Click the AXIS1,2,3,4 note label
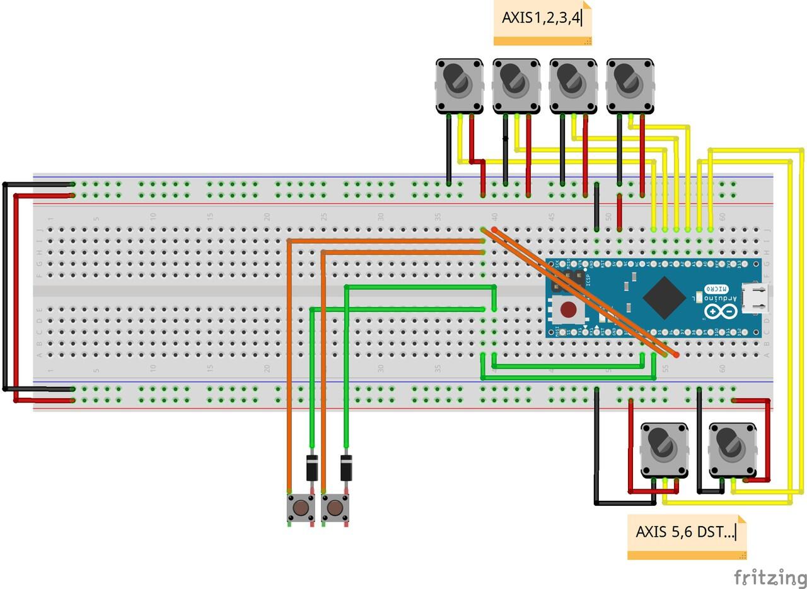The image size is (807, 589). [x=541, y=18]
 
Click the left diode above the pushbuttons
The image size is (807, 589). [x=311, y=467]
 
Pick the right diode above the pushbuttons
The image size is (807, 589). [x=345, y=467]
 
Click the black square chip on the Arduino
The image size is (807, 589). [x=664, y=297]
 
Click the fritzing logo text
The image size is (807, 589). [x=770, y=576]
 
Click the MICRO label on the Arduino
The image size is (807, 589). [x=713, y=288]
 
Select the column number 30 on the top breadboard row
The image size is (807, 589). [x=381, y=216]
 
